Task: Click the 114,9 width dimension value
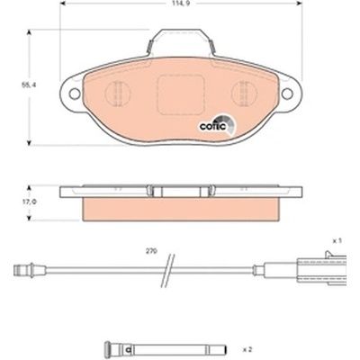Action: tap(181, 4)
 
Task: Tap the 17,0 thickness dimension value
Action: tap(29, 202)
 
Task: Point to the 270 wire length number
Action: tap(151, 251)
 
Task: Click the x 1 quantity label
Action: tap(337, 240)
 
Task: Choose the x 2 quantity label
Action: tap(247, 349)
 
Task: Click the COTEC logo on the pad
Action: tap(217, 125)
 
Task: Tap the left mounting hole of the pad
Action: tap(75, 94)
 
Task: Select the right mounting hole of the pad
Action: tap(287, 94)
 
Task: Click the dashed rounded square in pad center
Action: tap(181, 94)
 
